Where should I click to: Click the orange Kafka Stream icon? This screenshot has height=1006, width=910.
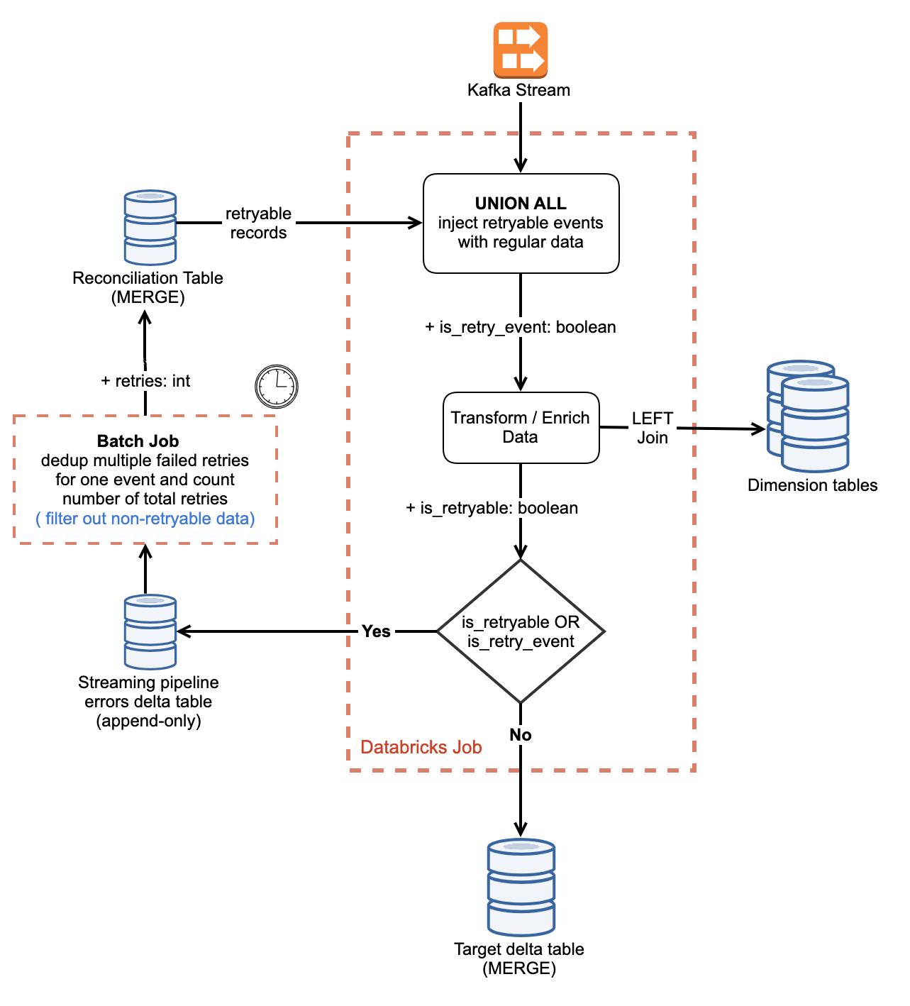coord(521,50)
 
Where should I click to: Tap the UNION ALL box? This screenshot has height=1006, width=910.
coord(521,223)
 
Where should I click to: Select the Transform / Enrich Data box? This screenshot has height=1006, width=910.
coord(521,427)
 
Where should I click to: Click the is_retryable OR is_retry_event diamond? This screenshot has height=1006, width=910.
coord(521,631)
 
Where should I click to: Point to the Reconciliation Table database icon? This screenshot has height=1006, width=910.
coord(150,227)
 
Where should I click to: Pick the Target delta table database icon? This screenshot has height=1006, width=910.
coord(521,887)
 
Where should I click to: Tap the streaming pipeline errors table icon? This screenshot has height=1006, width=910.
coord(150,631)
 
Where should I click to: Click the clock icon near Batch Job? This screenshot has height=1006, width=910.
coord(277,387)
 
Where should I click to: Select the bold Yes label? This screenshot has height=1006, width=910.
coord(376,631)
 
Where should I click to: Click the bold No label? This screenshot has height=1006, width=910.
coord(521,735)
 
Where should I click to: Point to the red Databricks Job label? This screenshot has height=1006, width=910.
coord(421,747)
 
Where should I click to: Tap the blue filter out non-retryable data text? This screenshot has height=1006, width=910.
coord(145,519)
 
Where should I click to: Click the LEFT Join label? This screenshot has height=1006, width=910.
coord(653,428)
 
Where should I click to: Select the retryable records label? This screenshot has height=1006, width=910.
coord(258,223)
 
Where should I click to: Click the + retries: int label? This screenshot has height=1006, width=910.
coord(145,381)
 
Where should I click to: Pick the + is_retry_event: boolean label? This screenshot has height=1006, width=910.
coord(521,327)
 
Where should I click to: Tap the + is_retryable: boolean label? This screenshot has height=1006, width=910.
coord(492,508)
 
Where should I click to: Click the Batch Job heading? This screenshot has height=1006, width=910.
coord(138,441)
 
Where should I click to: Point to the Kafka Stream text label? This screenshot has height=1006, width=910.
coord(518,90)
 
